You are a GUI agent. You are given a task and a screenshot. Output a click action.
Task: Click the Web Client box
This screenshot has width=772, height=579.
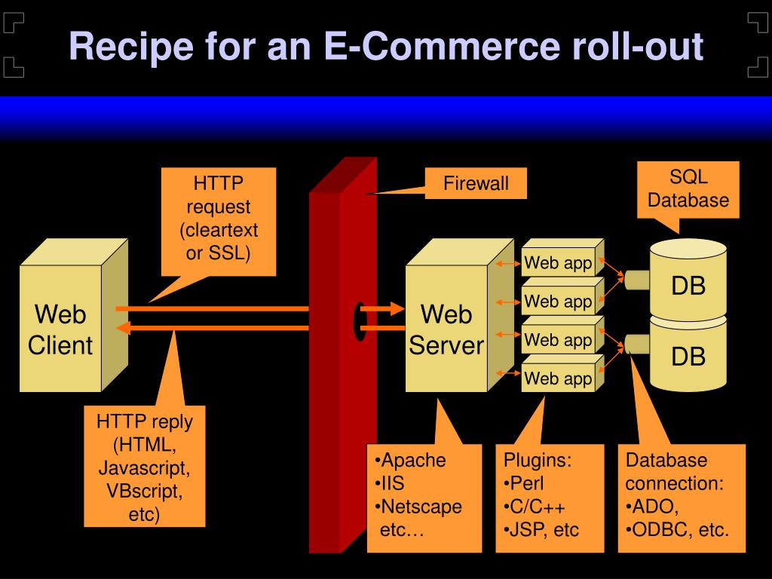[74, 316]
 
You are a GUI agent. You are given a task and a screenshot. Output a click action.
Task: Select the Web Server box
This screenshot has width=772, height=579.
[459, 316]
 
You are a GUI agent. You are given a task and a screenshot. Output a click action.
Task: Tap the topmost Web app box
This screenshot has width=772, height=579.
[562, 258]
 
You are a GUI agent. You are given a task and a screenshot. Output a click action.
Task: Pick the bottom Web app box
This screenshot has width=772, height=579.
[562, 373]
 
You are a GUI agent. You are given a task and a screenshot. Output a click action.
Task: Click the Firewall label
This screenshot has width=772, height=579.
[476, 183]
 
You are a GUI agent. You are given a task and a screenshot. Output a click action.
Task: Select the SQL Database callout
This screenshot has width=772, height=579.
[688, 189]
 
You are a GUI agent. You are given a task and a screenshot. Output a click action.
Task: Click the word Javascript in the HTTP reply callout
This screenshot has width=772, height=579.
[144, 467]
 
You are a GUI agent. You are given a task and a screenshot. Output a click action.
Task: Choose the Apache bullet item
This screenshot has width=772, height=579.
[410, 461]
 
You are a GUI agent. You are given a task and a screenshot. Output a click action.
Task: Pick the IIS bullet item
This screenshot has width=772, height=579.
[390, 483]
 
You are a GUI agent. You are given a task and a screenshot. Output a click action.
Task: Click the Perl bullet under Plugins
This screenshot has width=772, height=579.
[524, 483]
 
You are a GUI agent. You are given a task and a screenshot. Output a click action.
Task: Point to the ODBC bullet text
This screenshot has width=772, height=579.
[678, 530]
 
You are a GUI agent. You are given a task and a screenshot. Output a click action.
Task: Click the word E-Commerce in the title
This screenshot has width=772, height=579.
[442, 46]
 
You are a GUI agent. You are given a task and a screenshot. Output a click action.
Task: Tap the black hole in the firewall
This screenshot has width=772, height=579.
[360, 321]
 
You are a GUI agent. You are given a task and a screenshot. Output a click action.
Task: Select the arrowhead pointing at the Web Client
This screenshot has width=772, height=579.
[123, 327]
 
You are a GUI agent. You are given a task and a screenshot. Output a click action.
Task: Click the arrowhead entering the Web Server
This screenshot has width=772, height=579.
[397, 308]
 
